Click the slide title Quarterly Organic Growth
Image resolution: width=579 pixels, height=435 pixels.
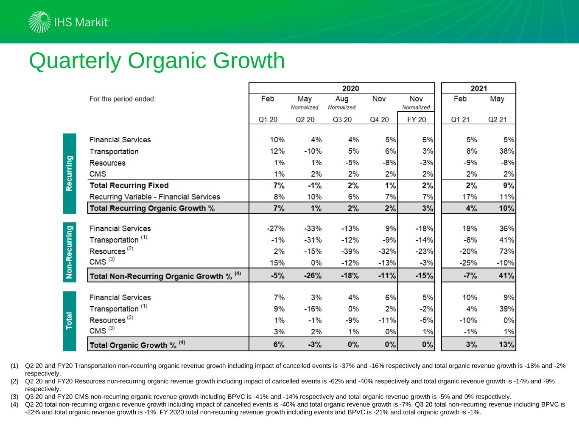pyautogui.click(x=157, y=61)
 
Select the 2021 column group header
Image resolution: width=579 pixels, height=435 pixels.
pyautogui.click(x=478, y=88)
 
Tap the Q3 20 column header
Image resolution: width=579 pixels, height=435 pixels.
pyautogui.click(x=342, y=119)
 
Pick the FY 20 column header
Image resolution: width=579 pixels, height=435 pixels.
pyautogui.click(x=416, y=119)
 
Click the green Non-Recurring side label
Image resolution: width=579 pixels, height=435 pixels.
pyautogui.click(x=70, y=252)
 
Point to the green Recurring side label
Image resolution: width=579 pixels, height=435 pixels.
pyautogui.click(x=70, y=173)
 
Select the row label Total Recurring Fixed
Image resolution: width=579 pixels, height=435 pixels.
pyautogui.click(x=129, y=185)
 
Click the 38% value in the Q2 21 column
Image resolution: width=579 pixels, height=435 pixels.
pyautogui.click(x=506, y=151)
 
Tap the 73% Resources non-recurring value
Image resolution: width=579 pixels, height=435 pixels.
pyautogui.click(x=506, y=251)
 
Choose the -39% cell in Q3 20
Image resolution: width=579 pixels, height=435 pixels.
pyautogui.click(x=350, y=251)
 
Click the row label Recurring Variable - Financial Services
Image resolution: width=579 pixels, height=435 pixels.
pyautogui.click(x=154, y=197)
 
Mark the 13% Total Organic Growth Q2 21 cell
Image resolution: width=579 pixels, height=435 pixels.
pyautogui.click(x=506, y=345)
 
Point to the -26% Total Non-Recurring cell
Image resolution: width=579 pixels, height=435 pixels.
pyautogui.click(x=313, y=275)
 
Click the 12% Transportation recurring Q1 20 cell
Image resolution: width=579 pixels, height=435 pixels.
pyautogui.click(x=277, y=151)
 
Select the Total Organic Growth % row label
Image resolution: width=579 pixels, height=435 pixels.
pyautogui.click(x=133, y=345)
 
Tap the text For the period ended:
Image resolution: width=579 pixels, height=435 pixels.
pyautogui.click(x=123, y=99)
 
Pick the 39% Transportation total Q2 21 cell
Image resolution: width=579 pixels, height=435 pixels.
pyautogui.click(x=506, y=309)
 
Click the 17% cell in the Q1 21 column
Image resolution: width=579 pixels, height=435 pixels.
pyautogui.click(x=470, y=197)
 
